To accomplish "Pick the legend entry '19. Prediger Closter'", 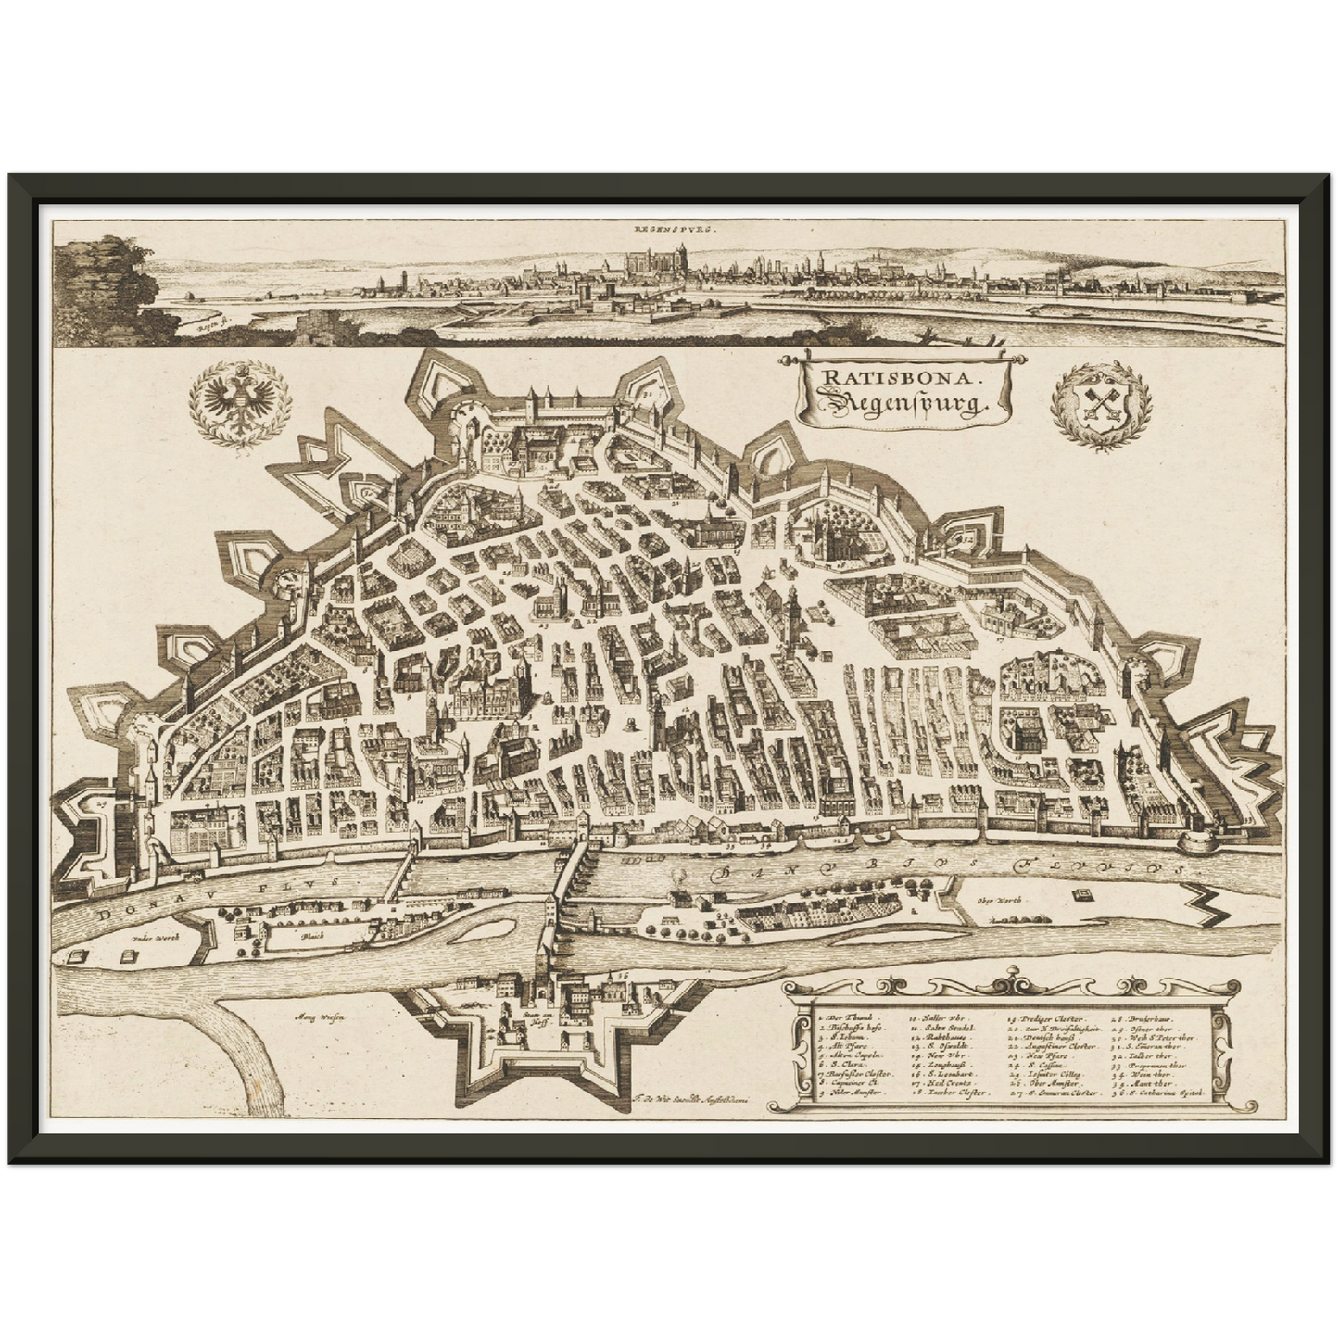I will (x=1048, y=1017).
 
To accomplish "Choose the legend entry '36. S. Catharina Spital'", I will (x=1163, y=1093).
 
